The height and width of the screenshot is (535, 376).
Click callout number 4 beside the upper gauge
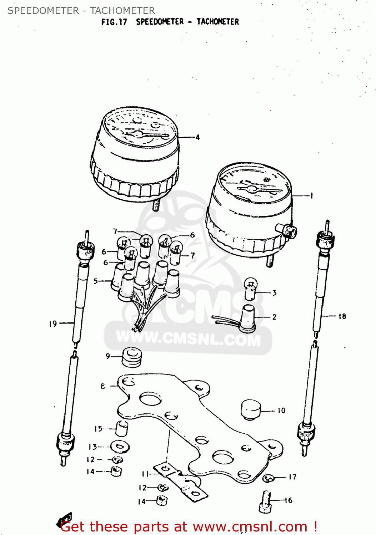coord(197,137)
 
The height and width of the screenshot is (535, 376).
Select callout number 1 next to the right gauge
coord(311,195)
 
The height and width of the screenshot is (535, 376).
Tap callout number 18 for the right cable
coord(342,316)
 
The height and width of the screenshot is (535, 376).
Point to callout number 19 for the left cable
coord(53,323)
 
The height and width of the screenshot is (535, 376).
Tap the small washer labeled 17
coord(268,478)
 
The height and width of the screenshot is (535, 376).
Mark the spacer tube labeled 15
coord(122,428)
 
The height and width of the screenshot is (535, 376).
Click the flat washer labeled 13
coord(120,447)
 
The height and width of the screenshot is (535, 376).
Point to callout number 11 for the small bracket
coord(145,474)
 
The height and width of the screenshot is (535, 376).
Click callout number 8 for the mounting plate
coord(103,386)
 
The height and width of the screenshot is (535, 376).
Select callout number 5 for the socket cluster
coord(95,281)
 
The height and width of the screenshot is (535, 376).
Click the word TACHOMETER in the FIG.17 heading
coord(217,22)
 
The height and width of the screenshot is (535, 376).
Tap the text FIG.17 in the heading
coord(114,22)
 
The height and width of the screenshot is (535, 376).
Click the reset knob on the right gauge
coord(289,231)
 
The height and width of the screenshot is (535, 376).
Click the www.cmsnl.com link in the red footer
coord(250,527)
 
